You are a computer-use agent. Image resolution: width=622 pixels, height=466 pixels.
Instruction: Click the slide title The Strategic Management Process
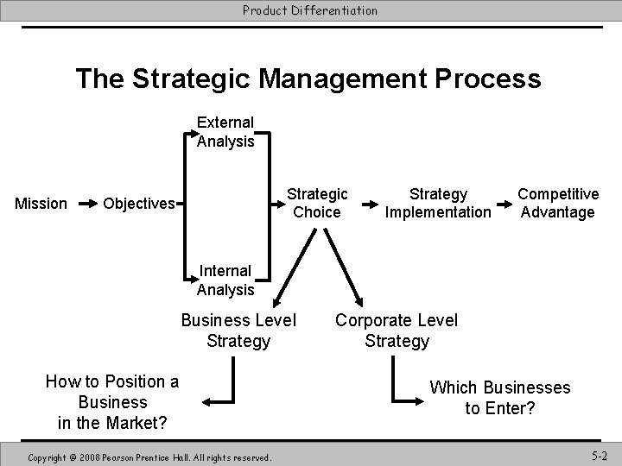tap(308, 79)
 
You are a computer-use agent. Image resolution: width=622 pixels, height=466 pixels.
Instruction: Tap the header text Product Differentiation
tap(310, 10)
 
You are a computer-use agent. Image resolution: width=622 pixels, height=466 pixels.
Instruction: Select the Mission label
tap(41, 204)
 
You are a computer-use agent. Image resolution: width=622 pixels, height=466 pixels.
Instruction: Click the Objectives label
tap(138, 204)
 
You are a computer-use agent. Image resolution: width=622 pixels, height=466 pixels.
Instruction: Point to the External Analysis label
tap(225, 132)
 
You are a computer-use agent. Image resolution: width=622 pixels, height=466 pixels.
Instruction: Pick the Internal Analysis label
tap(225, 280)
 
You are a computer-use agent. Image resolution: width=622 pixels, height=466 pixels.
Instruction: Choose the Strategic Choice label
tap(318, 203)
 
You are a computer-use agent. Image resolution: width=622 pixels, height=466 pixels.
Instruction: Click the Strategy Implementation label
tap(438, 203)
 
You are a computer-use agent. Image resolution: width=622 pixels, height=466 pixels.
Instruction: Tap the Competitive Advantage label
tap(557, 203)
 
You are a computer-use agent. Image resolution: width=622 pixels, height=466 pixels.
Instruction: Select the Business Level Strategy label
tap(238, 331)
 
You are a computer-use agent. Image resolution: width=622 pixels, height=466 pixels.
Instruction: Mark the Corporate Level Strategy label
tap(397, 331)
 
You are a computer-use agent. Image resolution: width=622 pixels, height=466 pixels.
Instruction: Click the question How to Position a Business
tap(112, 401)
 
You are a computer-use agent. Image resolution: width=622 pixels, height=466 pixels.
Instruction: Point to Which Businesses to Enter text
tap(500, 397)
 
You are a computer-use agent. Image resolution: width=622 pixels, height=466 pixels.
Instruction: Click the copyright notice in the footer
tap(150, 456)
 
